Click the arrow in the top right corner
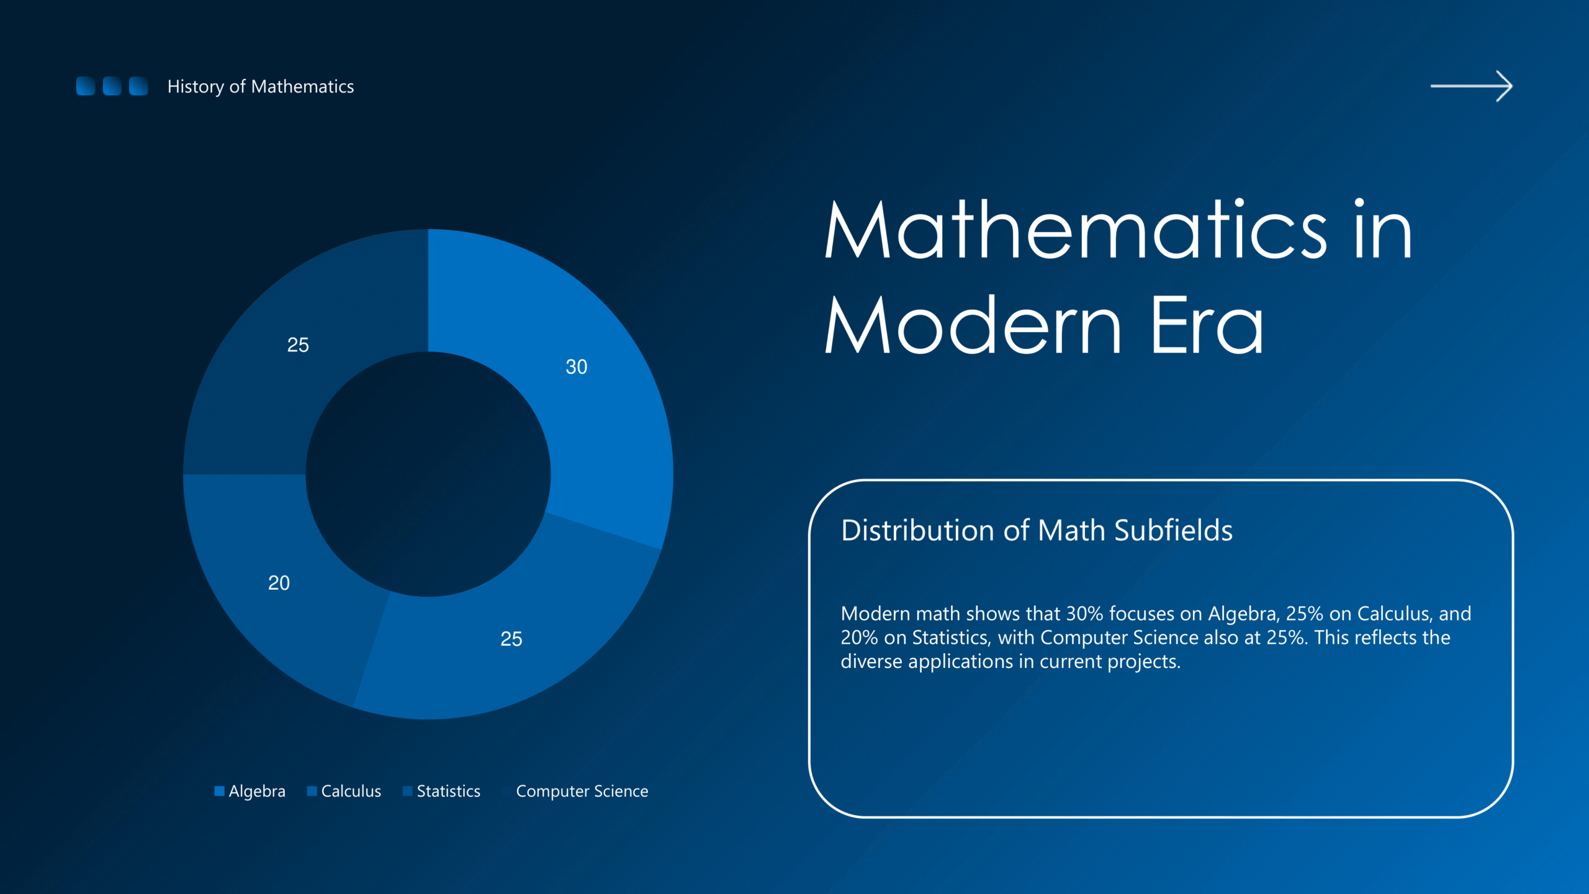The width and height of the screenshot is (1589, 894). tap(1471, 86)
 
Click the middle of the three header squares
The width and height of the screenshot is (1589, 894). tap(112, 86)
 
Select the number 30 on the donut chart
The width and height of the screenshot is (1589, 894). tap(576, 367)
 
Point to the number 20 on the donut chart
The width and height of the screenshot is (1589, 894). tap(279, 583)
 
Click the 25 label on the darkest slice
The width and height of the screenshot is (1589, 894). tap(298, 345)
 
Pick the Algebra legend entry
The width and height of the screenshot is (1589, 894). tap(250, 791)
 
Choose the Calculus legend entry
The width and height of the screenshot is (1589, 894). tap(344, 791)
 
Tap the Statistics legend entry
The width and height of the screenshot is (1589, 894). tap(441, 791)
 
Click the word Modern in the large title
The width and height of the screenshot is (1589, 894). tap(973, 325)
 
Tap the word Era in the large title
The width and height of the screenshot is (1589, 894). tap(1207, 325)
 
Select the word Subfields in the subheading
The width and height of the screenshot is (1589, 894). tap(1173, 531)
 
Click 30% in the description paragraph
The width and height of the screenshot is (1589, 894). tap(1084, 613)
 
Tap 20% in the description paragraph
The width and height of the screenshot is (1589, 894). tap(860, 638)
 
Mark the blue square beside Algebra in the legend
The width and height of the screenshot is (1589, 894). tap(219, 791)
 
